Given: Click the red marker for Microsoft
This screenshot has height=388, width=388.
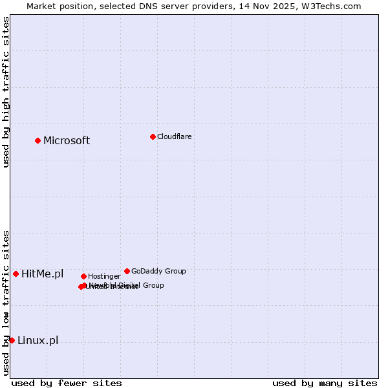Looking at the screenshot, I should tap(38, 140).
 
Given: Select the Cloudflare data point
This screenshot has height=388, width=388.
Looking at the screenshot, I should tap(153, 136).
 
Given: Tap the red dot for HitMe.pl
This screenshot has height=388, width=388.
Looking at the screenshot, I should tap(16, 274).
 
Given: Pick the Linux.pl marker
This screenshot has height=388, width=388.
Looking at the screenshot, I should tap(12, 340).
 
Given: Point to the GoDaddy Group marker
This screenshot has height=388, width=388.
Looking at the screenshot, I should tap(127, 271).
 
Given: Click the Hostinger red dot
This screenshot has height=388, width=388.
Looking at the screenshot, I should tap(83, 276).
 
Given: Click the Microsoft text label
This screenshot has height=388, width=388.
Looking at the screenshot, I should tap(67, 141).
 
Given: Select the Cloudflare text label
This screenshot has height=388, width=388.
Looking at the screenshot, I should tap(175, 136).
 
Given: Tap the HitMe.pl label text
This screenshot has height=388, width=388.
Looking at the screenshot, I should tap(43, 274).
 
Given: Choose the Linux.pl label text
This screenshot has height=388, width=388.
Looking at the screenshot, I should tap(38, 341).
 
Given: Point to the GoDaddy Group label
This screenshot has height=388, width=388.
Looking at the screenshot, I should tap(158, 271).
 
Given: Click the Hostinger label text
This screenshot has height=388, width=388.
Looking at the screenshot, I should tap(104, 276).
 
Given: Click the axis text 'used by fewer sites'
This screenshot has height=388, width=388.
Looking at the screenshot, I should tap(67, 383).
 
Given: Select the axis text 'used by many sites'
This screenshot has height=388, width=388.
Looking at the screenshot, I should tap(325, 383).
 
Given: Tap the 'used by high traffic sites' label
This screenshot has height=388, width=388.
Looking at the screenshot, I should tap(6, 92).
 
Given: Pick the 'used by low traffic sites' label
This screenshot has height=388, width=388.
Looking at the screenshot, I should tap(6, 303).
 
